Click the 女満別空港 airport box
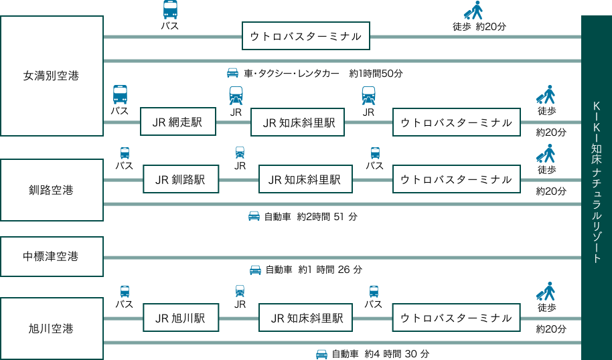pos(52,76)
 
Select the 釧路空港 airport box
pos(52,190)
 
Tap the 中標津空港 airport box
pos(52,256)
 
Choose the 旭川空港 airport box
pos(52,329)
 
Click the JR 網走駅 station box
pos(177,122)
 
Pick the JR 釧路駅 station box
pos(181,179)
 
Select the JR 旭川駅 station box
pos(181,319)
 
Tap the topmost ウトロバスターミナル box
pos(305,36)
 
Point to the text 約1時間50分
pos(376,73)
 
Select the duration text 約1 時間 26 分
pos(330,270)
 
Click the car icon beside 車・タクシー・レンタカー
pos(232,72)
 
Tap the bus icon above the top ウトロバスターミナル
pos(171,10)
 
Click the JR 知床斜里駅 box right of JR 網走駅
pos(298,122)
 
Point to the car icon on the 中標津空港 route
pos(255,270)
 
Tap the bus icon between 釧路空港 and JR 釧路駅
pos(125,153)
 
